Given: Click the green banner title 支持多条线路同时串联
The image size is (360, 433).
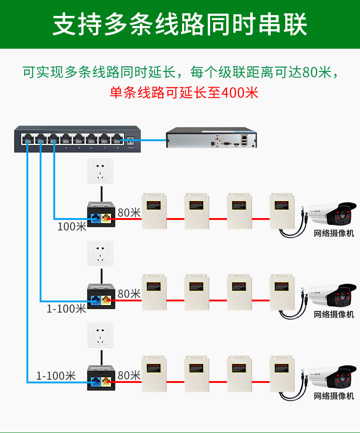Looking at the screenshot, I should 180,24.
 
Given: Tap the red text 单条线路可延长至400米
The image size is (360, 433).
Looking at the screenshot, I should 184,92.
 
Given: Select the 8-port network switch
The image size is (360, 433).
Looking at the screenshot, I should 75,138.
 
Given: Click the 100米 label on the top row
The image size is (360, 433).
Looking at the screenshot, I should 72,226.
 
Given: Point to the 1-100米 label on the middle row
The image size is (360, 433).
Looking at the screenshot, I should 66,308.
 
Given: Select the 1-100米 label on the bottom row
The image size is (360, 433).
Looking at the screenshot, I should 56,376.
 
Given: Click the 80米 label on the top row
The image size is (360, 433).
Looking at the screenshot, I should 129,212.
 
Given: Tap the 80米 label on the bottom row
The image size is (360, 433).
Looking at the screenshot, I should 129,376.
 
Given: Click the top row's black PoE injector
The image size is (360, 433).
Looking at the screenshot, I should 101,216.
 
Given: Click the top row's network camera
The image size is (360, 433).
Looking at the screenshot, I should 330,214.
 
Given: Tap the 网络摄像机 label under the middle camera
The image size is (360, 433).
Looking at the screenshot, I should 334,315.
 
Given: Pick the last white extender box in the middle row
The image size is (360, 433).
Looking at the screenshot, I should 282,292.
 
